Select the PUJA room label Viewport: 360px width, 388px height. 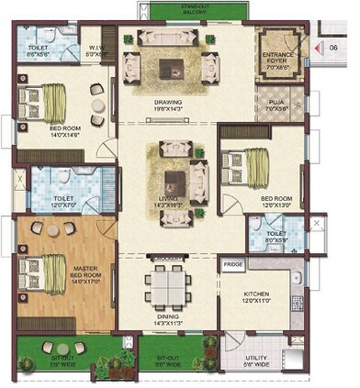pyautogui.click(x=273, y=105)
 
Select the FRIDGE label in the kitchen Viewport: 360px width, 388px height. pyautogui.click(x=232, y=264)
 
